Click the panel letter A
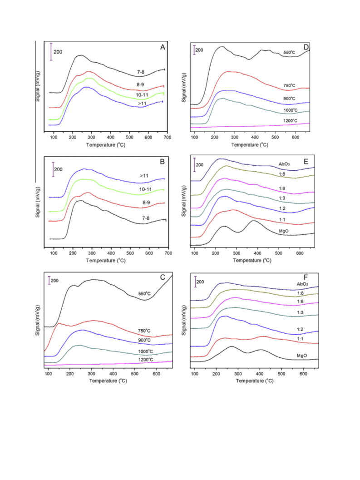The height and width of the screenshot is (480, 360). pyautogui.click(x=163, y=47)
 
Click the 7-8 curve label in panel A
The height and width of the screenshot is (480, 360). pyautogui.click(x=141, y=72)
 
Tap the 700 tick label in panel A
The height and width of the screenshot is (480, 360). pyautogui.click(x=168, y=138)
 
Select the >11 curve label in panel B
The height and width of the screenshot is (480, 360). pyautogui.click(x=144, y=176)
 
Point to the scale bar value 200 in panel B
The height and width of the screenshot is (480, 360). pyautogui.click(x=58, y=169)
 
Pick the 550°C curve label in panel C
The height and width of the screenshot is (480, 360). pyautogui.click(x=144, y=293)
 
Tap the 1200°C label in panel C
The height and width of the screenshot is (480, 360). pyautogui.click(x=146, y=360)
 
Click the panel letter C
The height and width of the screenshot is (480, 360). pyautogui.click(x=163, y=277)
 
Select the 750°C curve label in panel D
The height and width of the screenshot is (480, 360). pyautogui.click(x=289, y=86)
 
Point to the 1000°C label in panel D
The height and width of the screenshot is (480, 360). pyautogui.click(x=291, y=110)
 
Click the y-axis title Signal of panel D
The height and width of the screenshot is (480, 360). pyautogui.click(x=184, y=88)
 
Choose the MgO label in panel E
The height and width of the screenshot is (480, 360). pyautogui.click(x=284, y=231)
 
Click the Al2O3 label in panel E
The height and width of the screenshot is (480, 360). pyautogui.click(x=284, y=164)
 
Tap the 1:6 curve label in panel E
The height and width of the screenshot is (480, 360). pyautogui.click(x=282, y=188)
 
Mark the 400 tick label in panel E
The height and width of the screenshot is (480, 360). pyautogui.click(x=257, y=253)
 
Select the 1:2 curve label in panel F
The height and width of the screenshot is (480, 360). pyautogui.click(x=300, y=329)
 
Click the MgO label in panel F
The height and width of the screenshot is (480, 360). pyautogui.click(x=302, y=356)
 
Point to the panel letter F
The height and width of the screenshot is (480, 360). pyautogui.click(x=306, y=277)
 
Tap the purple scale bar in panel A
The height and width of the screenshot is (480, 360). pyautogui.click(x=51, y=52)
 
